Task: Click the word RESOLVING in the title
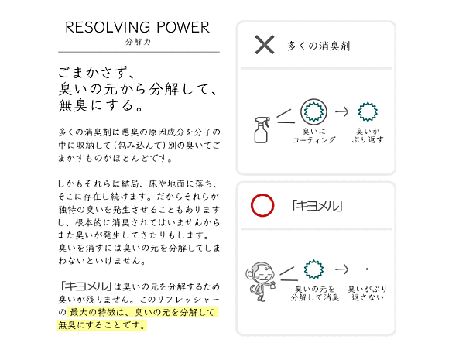click(x=108, y=28)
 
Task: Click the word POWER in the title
click(x=183, y=28)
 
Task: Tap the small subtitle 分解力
click(x=138, y=42)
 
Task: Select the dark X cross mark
click(x=265, y=45)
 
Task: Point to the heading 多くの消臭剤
click(x=318, y=46)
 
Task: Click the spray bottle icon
click(x=262, y=129)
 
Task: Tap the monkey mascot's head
click(x=262, y=273)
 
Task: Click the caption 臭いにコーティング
click(x=313, y=135)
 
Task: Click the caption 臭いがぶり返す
click(x=368, y=135)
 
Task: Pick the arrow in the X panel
click(x=342, y=111)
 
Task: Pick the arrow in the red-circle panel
click(x=342, y=269)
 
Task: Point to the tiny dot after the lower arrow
click(x=367, y=269)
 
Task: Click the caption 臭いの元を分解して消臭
click(x=315, y=293)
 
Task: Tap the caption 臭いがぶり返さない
click(x=368, y=293)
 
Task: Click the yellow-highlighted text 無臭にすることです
click(x=101, y=325)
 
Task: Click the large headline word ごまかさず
click(x=93, y=72)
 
